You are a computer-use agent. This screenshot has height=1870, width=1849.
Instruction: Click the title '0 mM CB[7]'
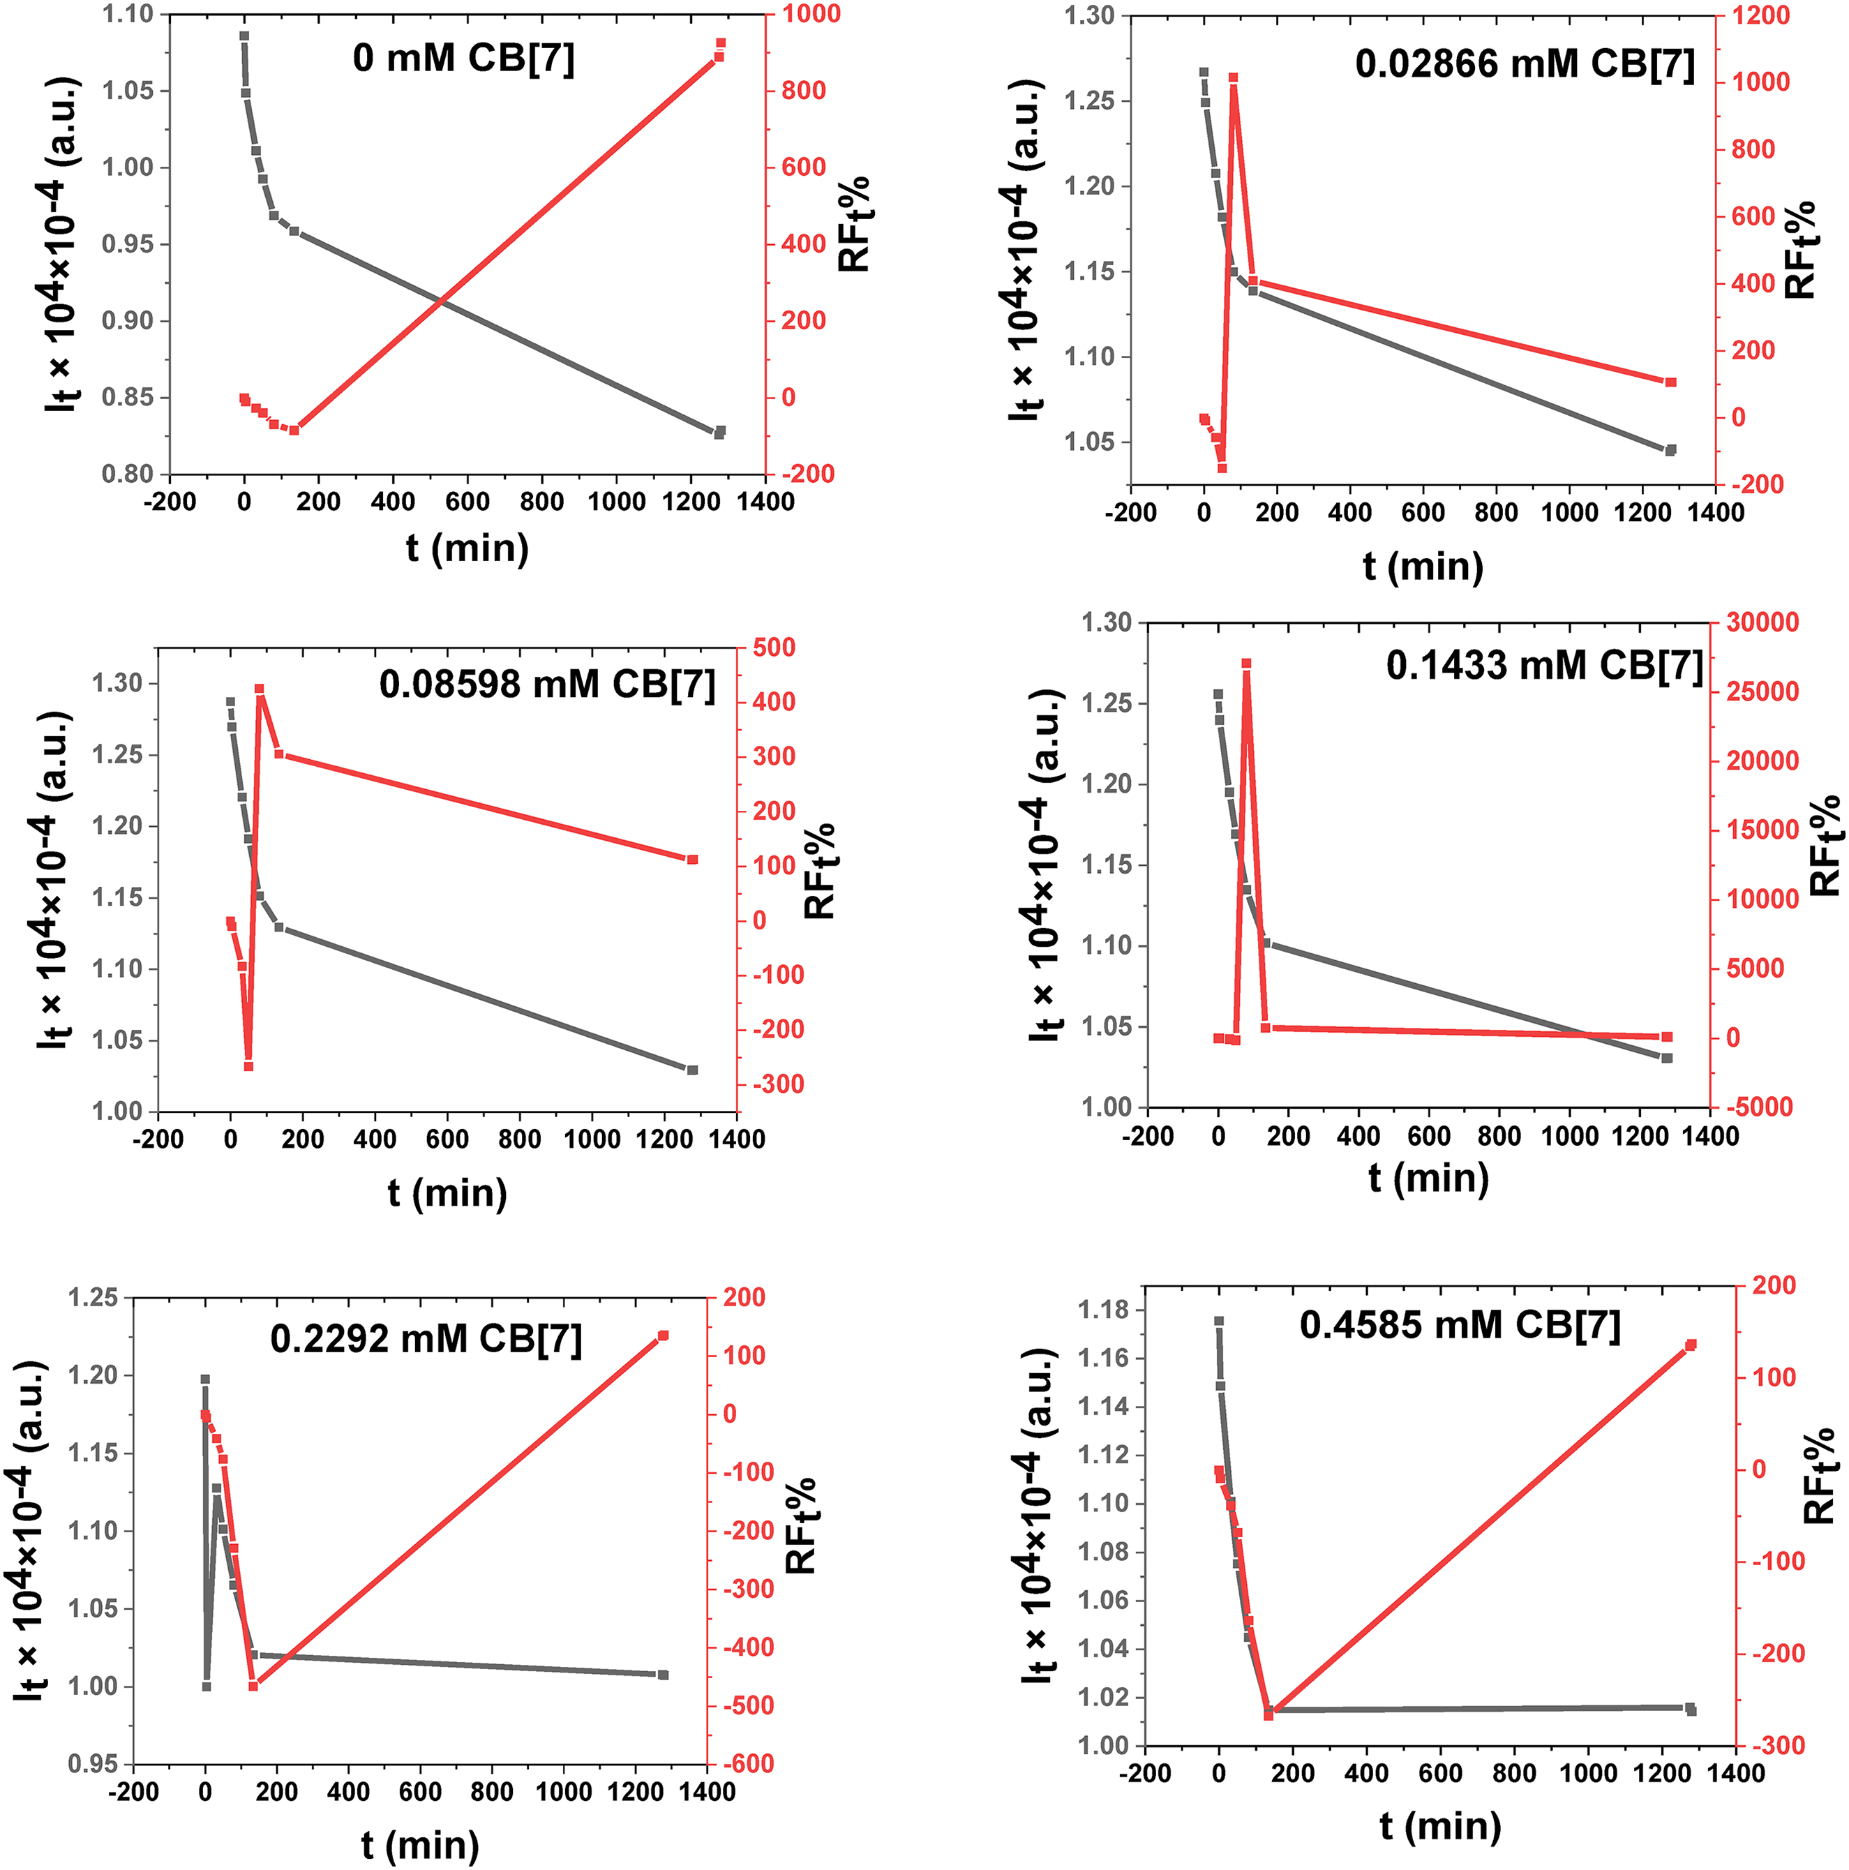(x=464, y=59)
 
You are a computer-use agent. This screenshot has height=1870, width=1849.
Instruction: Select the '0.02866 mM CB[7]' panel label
(x=1525, y=65)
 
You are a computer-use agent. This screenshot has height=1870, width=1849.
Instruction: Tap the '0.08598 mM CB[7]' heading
(x=547, y=685)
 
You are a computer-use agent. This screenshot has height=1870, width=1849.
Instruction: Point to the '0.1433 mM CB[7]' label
(x=1544, y=666)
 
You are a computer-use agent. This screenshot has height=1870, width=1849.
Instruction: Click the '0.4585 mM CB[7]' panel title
(x=1460, y=1325)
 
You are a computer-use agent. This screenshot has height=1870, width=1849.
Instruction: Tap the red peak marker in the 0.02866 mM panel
(x=1234, y=77)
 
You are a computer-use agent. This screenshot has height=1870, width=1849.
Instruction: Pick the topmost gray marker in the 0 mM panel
(x=244, y=36)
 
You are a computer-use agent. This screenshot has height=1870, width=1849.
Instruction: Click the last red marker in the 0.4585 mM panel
(x=1691, y=1345)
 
